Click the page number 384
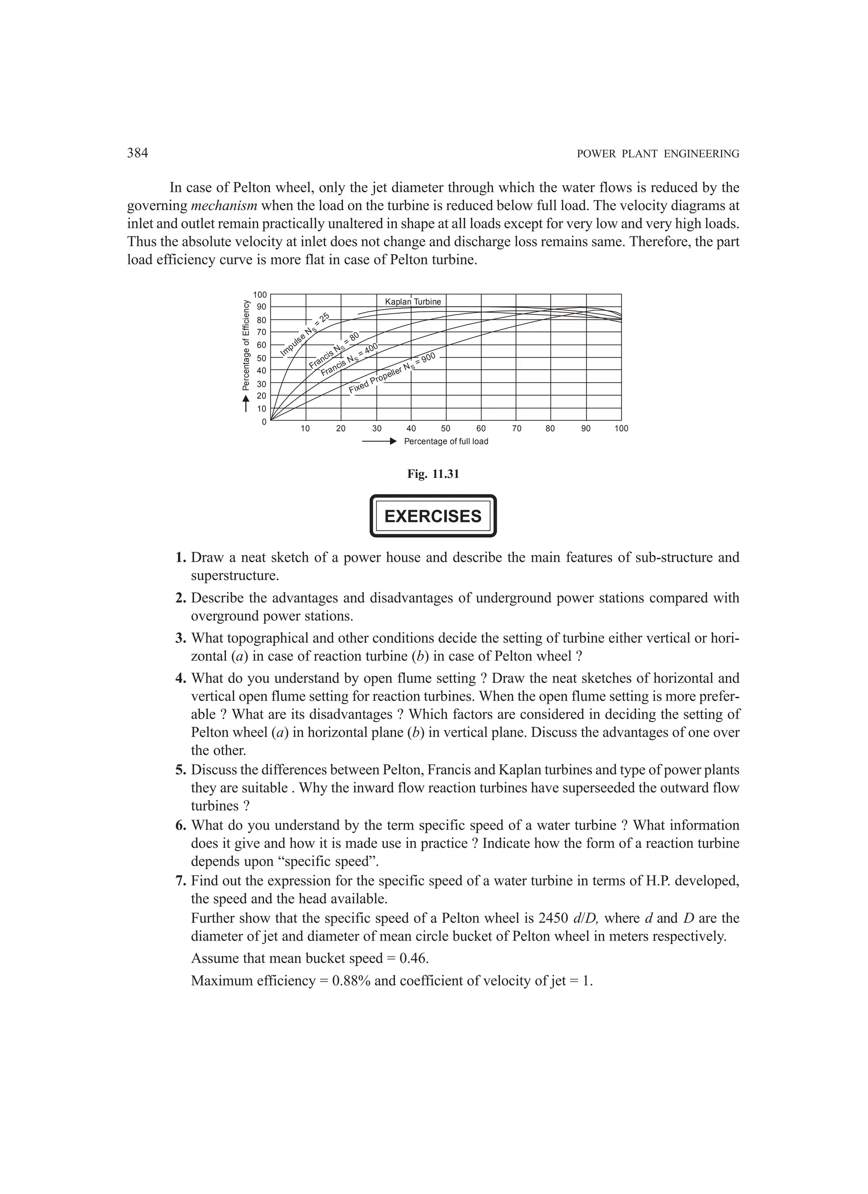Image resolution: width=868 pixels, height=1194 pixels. click(x=137, y=153)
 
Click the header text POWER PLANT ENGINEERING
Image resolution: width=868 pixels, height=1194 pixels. click(x=658, y=154)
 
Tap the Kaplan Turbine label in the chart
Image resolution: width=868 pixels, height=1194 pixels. click(x=413, y=302)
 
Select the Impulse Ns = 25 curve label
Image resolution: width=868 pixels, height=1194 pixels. click(x=304, y=335)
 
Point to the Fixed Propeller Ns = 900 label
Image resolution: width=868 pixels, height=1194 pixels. click(x=392, y=373)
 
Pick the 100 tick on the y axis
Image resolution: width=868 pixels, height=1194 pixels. click(x=260, y=295)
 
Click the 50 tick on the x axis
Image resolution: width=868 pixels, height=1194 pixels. click(x=445, y=428)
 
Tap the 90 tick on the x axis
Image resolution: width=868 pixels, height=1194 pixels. click(x=586, y=428)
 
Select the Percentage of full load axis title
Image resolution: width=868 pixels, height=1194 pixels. click(x=445, y=441)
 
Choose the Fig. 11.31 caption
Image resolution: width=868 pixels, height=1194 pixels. click(x=433, y=474)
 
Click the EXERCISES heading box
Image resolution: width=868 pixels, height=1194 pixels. click(x=433, y=516)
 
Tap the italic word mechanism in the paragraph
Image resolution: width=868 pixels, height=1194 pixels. click(x=223, y=206)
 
